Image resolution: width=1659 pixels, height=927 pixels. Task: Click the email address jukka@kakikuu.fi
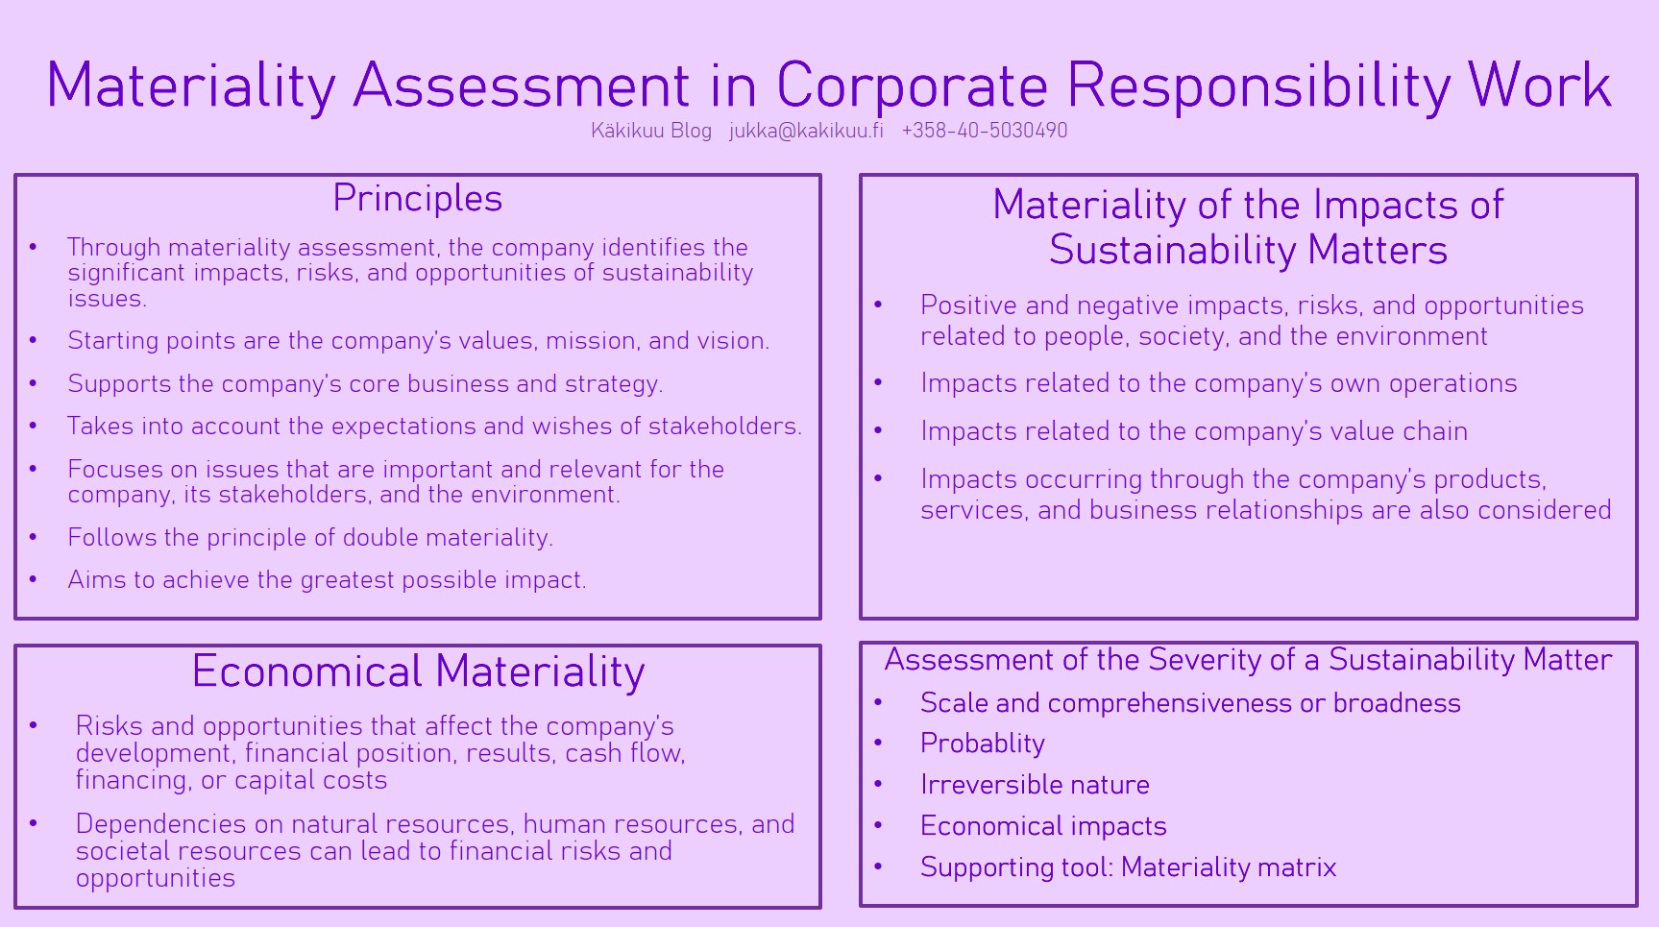tap(806, 131)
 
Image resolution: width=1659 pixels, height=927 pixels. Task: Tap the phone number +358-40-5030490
tap(985, 131)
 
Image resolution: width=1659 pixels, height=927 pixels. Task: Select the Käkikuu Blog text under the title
tap(651, 131)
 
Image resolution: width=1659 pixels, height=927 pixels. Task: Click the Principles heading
tap(418, 198)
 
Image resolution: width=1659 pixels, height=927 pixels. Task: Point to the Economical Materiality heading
tap(418, 671)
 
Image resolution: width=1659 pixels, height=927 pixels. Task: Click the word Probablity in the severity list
tap(983, 744)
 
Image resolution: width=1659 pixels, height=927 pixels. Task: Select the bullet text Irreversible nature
tap(1035, 785)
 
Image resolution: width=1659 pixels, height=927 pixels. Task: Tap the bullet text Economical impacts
tap(1043, 826)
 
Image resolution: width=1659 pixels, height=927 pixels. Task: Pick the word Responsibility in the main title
tap(1258, 85)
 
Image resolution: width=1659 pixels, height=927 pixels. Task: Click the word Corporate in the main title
tap(912, 85)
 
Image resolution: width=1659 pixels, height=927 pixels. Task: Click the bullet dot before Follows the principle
tap(34, 537)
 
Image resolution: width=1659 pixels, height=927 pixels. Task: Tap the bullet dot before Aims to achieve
tap(34, 579)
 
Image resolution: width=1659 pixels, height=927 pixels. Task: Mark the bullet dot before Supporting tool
tap(878, 866)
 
